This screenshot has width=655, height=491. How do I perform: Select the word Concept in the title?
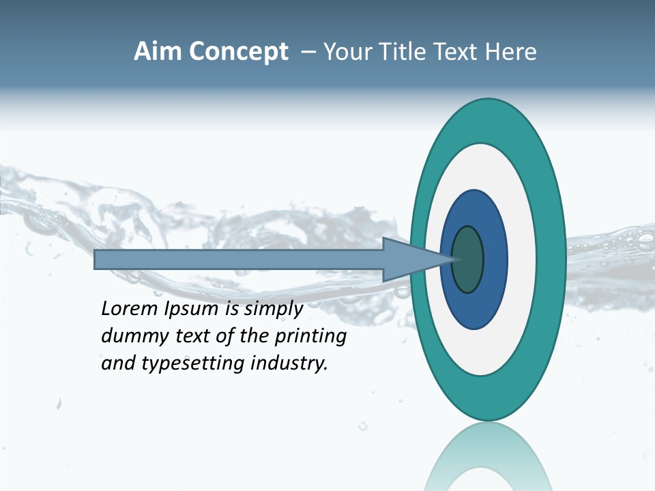point(238,52)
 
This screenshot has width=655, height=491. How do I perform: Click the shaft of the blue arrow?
point(239,260)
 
